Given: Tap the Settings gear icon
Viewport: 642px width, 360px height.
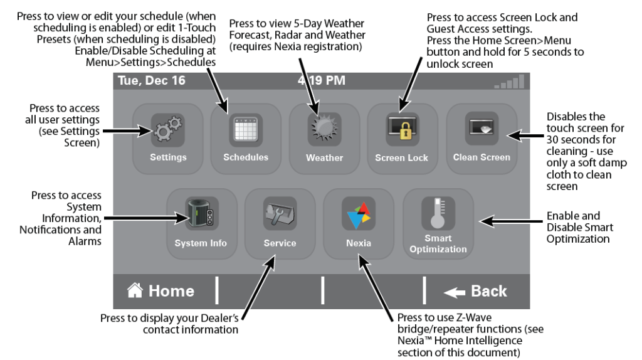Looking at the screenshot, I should point(167,130).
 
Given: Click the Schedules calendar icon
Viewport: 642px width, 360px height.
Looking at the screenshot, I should point(245,130).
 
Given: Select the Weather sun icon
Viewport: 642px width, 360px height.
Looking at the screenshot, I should point(324,130).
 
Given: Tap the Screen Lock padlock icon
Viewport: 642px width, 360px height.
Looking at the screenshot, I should point(401,130).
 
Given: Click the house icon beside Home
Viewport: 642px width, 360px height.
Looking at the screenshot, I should point(134,291).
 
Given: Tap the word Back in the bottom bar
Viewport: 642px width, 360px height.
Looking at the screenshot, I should point(489,291).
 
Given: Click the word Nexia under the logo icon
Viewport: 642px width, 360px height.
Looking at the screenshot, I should point(358,243).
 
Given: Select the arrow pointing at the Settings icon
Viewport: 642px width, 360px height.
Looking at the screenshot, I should point(125,132).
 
